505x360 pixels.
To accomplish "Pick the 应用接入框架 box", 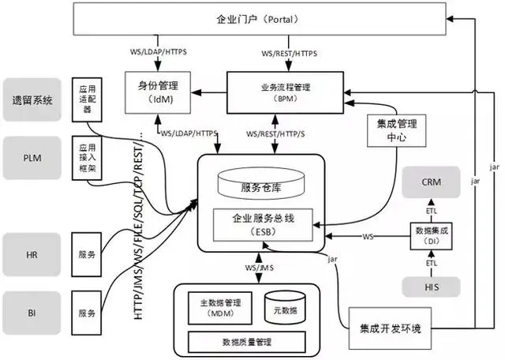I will coord(87,158).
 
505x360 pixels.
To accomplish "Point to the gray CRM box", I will coord(431,182).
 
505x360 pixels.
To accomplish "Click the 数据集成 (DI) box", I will coord(431,233).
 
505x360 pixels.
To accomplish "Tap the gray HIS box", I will coord(431,287).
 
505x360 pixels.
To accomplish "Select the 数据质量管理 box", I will coord(248,342).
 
